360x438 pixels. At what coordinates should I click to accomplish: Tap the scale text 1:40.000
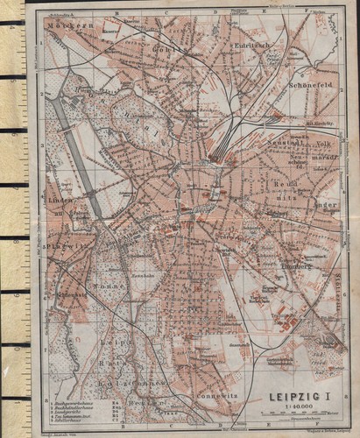tap(286, 408)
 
